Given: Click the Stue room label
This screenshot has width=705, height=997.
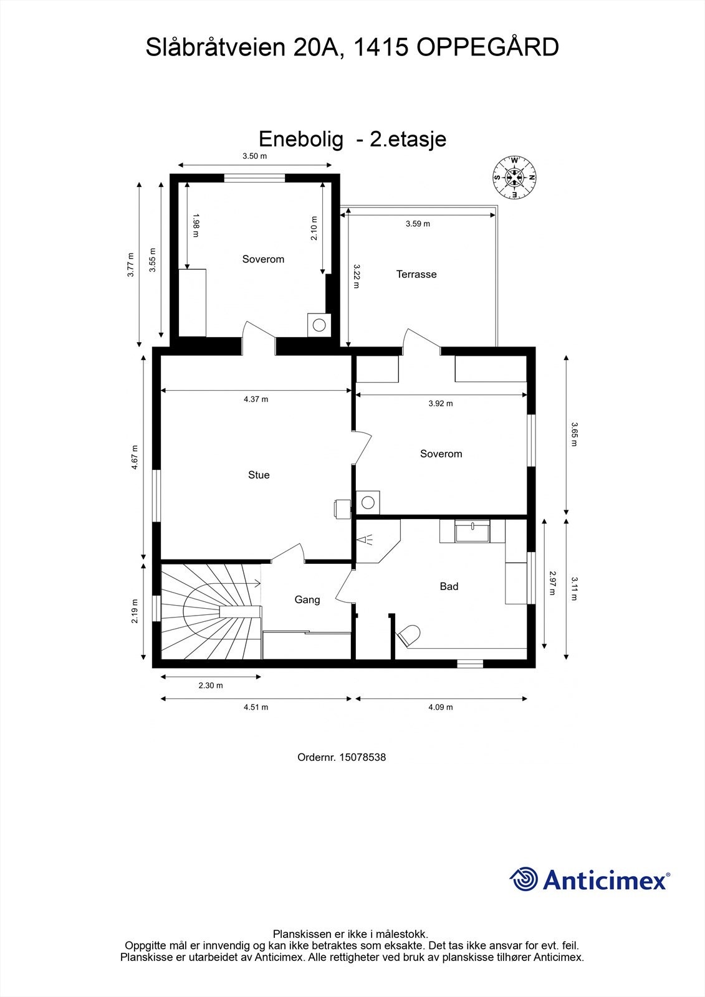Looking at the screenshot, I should pyautogui.click(x=259, y=475).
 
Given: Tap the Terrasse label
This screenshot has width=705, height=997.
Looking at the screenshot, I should pyautogui.click(x=416, y=274).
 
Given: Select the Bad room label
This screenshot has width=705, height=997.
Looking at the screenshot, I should pyautogui.click(x=449, y=586).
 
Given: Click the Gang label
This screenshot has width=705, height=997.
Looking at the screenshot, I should pyautogui.click(x=307, y=599).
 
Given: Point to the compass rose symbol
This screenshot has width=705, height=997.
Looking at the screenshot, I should pyautogui.click(x=515, y=178).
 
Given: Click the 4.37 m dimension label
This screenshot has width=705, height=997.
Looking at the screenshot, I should pyautogui.click(x=256, y=399).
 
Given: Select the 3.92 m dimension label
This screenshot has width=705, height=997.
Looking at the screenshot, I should pyautogui.click(x=441, y=403).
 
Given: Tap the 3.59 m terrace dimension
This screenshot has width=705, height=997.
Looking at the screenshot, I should pyautogui.click(x=418, y=224).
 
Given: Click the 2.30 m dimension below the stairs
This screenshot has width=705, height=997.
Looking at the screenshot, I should pyautogui.click(x=211, y=685).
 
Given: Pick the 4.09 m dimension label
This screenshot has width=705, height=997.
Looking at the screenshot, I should pyautogui.click(x=441, y=707).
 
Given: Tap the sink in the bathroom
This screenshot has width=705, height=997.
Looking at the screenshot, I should pyautogui.click(x=472, y=532).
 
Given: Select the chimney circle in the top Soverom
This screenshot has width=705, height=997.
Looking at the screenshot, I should pyautogui.click(x=320, y=325).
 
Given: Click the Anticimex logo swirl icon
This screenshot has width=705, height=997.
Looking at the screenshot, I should pyautogui.click(x=524, y=880).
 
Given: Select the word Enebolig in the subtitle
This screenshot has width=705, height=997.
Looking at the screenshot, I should pyautogui.click(x=301, y=139).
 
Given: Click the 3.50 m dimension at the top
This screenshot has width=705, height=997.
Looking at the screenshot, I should pyautogui.click(x=254, y=156).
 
